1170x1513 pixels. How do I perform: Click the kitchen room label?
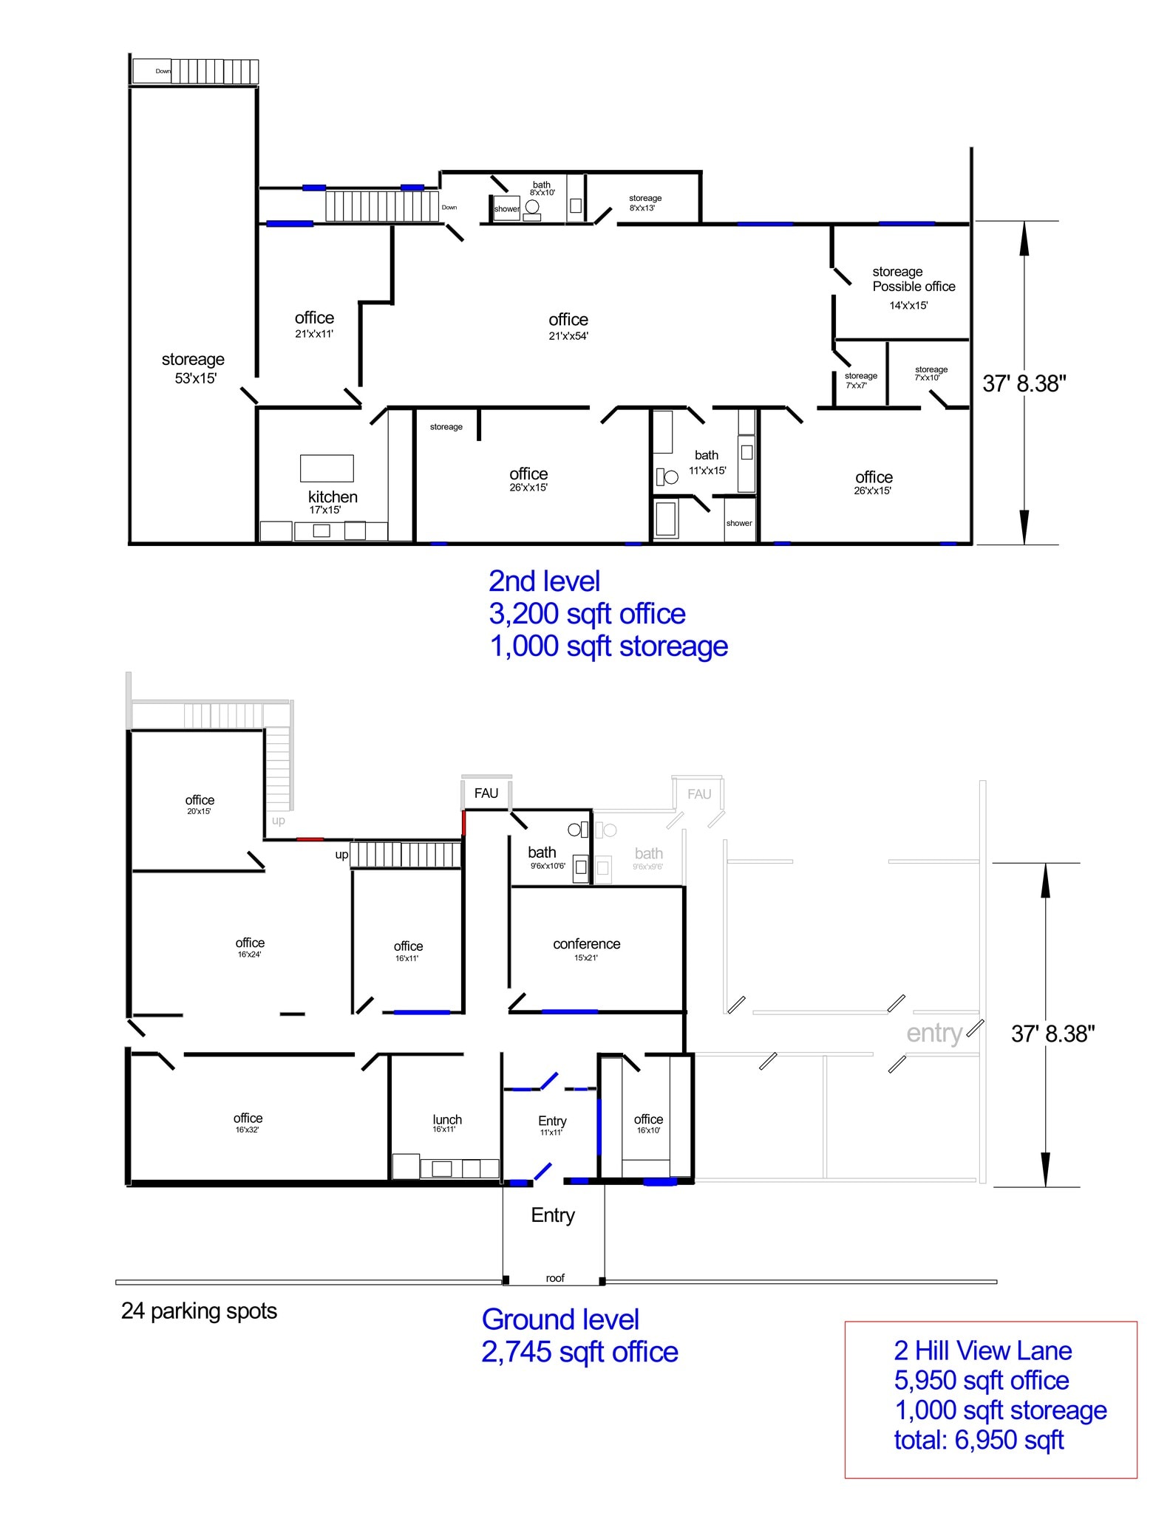coord(333,497)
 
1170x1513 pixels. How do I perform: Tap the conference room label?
coord(586,944)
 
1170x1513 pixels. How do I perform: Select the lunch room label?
coord(446,1120)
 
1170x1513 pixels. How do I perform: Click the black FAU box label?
coord(486,793)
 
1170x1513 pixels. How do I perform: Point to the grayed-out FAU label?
coord(698,794)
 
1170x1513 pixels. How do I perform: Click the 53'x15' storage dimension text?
coord(195,378)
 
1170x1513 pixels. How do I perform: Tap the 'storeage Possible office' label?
coord(913,279)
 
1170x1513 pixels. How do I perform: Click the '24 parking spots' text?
coord(199,1311)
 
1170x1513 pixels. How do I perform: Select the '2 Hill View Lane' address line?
coord(982,1350)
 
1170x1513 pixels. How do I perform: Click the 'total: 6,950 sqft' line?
coord(978,1439)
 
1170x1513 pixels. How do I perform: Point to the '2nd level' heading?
coord(544,581)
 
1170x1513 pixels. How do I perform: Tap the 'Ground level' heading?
coord(560,1319)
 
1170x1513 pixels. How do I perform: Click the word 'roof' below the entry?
coord(554,1278)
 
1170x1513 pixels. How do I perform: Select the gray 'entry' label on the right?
coord(933,1033)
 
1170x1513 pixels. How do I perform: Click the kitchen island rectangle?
coord(326,468)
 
